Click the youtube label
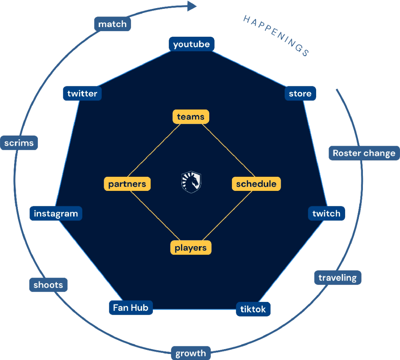[191, 44]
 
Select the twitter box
[82, 94]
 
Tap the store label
[300, 94]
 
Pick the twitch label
[326, 213]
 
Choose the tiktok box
[253, 309]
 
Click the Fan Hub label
[131, 308]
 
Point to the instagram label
[56, 213]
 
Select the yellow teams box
[191, 117]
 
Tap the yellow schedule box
[256, 184]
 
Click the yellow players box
[191, 247]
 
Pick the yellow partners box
[127, 184]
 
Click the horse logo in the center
[191, 182]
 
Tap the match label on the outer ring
[112, 24]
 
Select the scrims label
[19, 143]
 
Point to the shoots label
[48, 285]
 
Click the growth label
[191, 354]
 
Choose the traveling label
[337, 278]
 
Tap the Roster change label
[364, 153]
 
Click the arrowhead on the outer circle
[192, 6]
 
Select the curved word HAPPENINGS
[276, 36]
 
